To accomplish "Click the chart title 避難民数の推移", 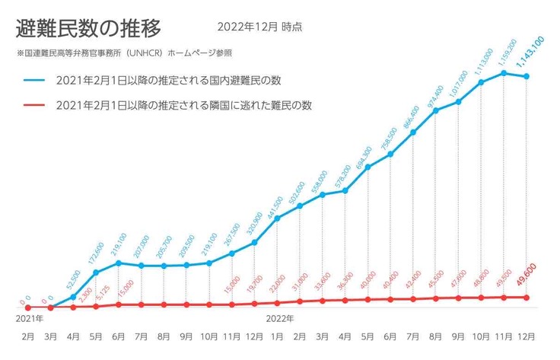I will [x=88, y=28].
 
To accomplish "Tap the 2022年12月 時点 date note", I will [x=259, y=27].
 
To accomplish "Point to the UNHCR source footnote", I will [x=123, y=54].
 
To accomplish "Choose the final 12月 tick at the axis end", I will [x=526, y=335].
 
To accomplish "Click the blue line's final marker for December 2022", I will [x=526, y=76].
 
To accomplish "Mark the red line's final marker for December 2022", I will [x=526, y=297].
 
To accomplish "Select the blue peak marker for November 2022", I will [x=503, y=72].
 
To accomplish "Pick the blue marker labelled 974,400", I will [x=436, y=110].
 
